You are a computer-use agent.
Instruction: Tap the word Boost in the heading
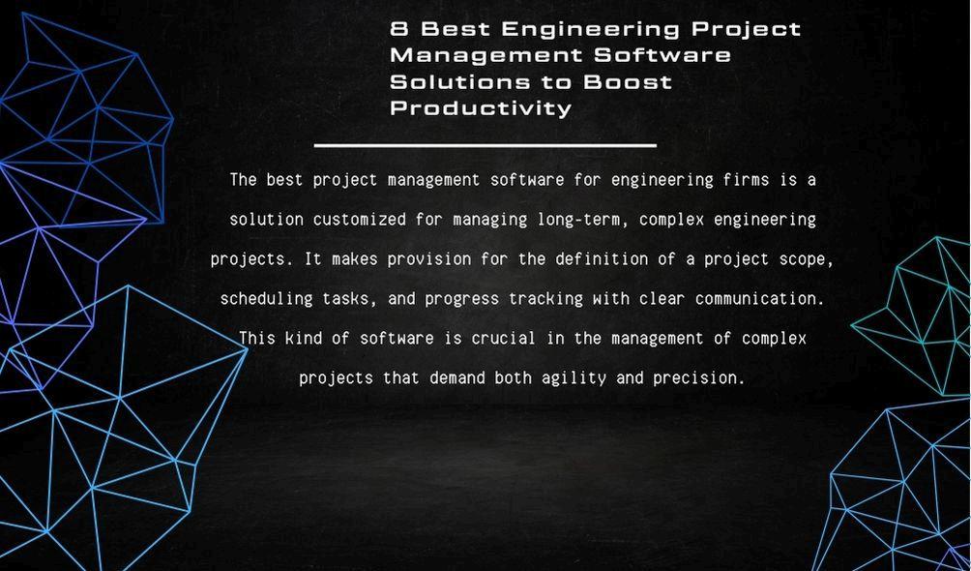point(628,82)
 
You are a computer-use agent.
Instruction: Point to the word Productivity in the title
point(481,108)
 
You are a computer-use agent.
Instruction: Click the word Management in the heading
point(486,55)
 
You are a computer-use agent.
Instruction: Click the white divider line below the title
point(485,145)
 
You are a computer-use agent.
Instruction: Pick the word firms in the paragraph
point(747,180)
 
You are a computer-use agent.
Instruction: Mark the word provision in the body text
point(429,259)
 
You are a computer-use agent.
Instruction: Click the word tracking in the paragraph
point(545,299)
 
